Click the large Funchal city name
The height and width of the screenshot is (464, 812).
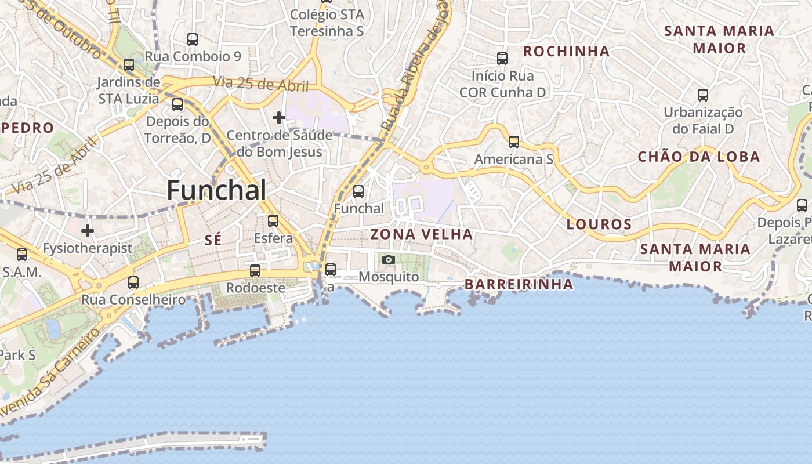216,190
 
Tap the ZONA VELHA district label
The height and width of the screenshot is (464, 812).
422,234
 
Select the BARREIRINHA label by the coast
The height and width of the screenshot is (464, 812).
519,284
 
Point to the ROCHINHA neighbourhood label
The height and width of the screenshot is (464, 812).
566,52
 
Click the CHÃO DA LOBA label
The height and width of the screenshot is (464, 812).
699,157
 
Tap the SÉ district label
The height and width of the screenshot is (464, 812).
213,240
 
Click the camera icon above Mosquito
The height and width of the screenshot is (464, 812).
389,259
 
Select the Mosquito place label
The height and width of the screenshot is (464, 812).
389,277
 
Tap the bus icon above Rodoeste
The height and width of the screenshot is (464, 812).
255,270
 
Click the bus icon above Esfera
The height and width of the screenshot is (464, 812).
273,221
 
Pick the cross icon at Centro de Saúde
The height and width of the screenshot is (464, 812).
279,118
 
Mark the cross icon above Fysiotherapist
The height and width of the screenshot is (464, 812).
88,231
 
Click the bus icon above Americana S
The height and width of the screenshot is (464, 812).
514,142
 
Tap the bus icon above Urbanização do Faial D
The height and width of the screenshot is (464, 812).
703,95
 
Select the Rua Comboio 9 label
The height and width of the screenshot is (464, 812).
193,56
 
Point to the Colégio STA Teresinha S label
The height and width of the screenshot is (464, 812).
327,23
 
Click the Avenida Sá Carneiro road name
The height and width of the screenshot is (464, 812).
49,374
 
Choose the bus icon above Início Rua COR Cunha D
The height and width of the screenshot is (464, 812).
502,59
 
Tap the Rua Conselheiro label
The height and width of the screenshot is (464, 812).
133,300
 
